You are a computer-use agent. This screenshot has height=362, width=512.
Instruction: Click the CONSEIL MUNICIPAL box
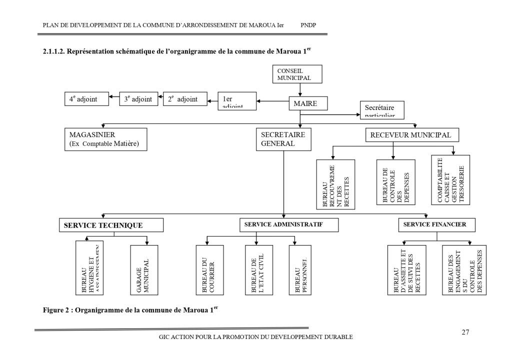tap(297, 74)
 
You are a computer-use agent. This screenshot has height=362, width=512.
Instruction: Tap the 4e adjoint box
tap(86, 99)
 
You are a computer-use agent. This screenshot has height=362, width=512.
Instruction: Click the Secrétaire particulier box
tap(381, 109)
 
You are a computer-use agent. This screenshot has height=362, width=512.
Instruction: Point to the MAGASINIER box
tap(105, 139)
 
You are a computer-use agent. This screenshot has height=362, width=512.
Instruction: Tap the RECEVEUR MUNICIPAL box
tap(411, 135)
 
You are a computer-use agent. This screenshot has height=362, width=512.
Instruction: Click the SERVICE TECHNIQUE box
tap(111, 225)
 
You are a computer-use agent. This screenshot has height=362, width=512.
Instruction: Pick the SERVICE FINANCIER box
tap(434, 225)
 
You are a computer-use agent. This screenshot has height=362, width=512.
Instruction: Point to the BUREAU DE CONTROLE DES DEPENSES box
tap(395, 182)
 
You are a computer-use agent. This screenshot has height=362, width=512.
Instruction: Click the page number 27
tap(465, 332)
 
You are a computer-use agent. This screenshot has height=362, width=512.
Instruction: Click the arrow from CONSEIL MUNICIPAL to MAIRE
tap(300, 89)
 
